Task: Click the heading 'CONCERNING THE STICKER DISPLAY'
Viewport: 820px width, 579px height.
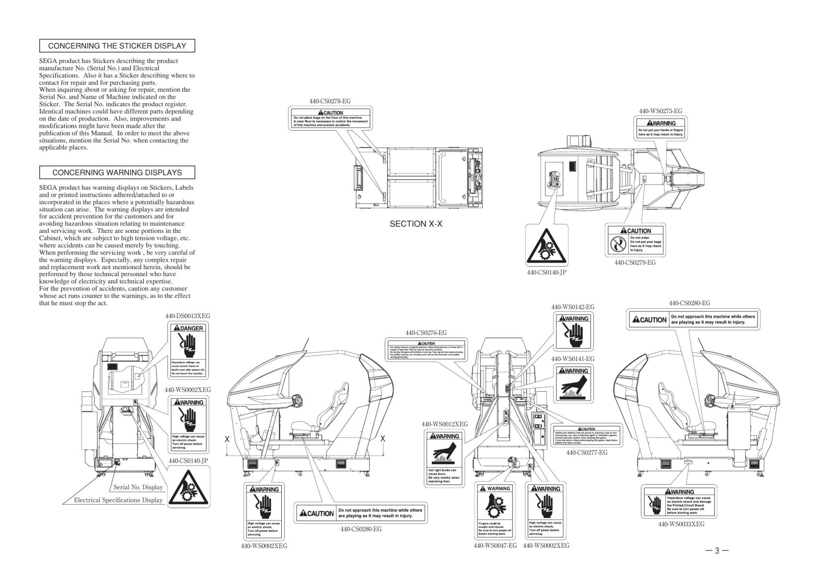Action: (117, 46)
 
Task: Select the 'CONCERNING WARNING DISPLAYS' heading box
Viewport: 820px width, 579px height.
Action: (117, 173)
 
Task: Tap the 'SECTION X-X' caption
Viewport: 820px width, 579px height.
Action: (416, 224)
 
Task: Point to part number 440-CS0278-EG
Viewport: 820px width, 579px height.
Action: (330, 101)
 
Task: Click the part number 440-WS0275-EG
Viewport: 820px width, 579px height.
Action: (660, 111)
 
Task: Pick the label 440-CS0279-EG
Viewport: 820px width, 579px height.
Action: (635, 262)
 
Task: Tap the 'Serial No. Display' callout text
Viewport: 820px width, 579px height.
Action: (138, 487)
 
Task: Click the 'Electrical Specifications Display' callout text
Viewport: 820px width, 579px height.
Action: (118, 500)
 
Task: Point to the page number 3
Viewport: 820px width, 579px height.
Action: (717, 550)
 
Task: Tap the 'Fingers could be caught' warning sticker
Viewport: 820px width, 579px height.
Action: (494, 510)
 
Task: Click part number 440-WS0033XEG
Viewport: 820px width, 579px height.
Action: (681, 524)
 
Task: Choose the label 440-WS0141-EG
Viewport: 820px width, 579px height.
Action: (573, 359)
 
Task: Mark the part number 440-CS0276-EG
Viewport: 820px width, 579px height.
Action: (426, 333)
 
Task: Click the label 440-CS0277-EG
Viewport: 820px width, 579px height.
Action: (587, 452)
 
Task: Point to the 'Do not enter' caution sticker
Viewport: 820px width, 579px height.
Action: (635, 241)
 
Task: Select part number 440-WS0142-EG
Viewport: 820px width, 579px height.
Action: (573, 307)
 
